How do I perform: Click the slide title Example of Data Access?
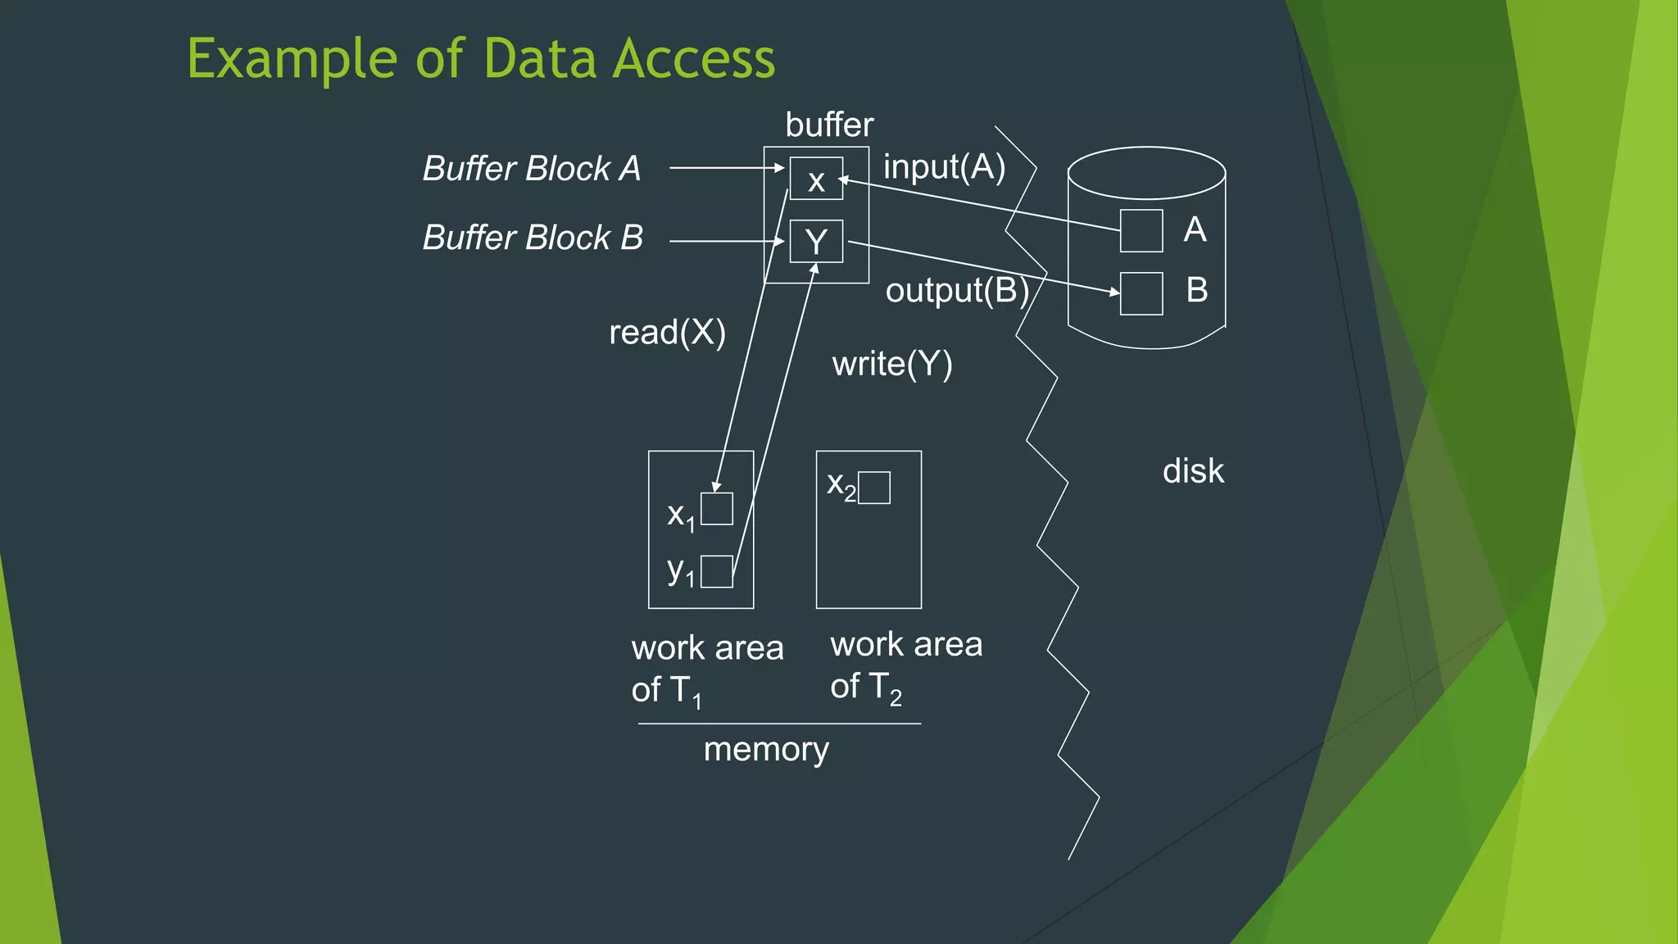coord(481,59)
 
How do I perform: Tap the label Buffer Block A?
coord(531,169)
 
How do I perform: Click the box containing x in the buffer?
coord(816,179)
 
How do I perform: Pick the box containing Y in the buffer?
coord(816,241)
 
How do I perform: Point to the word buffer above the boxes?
coord(829,125)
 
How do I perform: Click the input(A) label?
coord(944,167)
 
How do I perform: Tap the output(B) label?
coord(956,290)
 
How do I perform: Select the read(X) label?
coord(667,333)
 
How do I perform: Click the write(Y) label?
coord(892,364)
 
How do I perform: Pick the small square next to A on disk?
coord(1141,230)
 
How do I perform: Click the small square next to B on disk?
coord(1141,293)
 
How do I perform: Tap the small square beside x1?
coord(717,509)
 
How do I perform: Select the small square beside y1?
coord(717,571)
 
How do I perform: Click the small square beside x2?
coord(874,488)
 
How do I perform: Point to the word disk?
coord(1193,471)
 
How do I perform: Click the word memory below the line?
coord(766,749)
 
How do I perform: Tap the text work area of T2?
coord(905,665)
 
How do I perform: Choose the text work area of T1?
coord(706,669)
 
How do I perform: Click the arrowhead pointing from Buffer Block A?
coord(780,168)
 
